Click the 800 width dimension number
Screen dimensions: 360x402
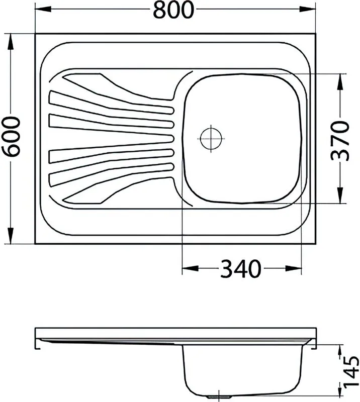[173, 10]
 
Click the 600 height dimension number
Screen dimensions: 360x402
[11, 136]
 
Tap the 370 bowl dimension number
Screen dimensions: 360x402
[340, 141]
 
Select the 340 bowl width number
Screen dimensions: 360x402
[240, 269]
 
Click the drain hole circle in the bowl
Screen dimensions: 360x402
[211, 139]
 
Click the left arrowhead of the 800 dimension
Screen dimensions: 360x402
[43, 9]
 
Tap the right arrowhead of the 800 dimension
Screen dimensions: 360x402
[308, 9]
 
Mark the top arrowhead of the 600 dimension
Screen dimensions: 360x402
[11, 42]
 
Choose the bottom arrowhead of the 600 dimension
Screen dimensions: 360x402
[11, 235]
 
